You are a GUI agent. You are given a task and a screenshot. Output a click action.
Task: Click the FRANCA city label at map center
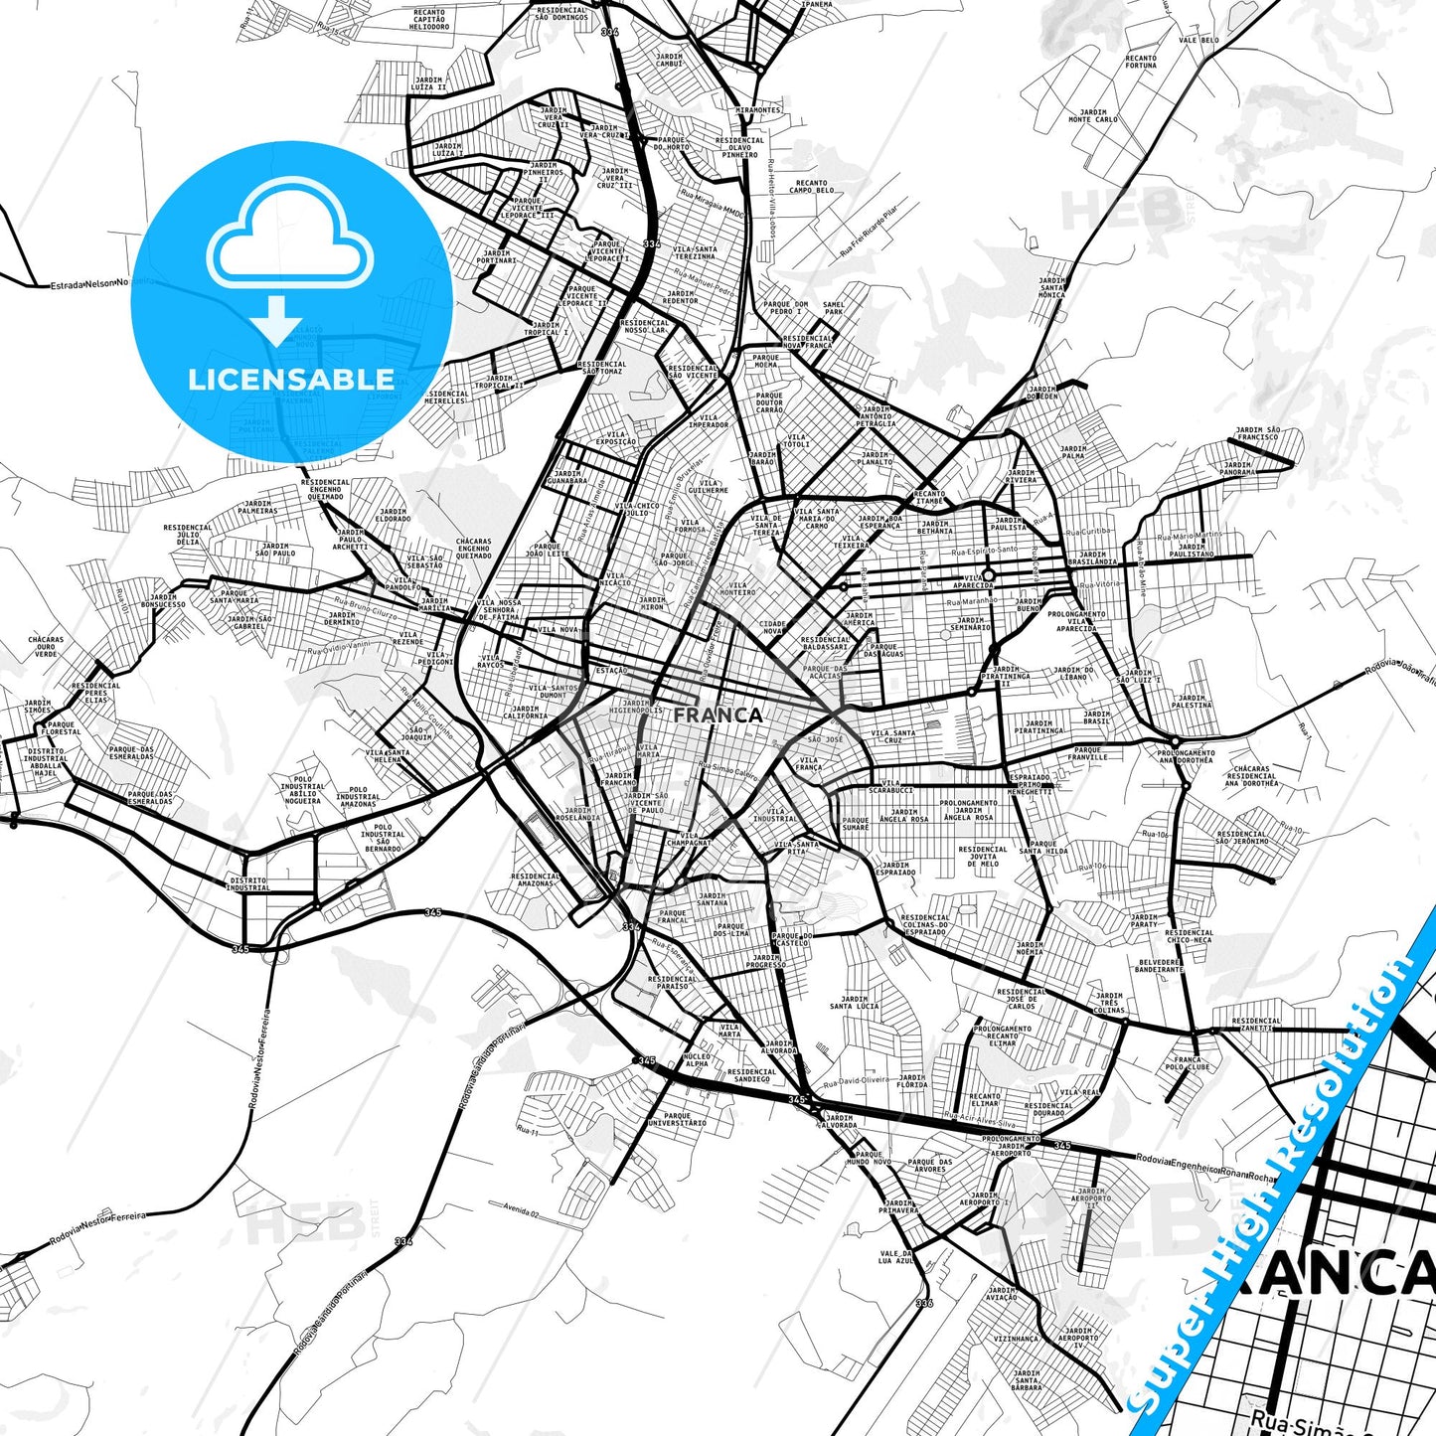click(x=718, y=715)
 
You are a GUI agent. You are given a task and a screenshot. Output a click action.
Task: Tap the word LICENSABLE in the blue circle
click(x=291, y=379)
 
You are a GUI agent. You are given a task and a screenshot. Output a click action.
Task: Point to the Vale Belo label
click(x=1198, y=41)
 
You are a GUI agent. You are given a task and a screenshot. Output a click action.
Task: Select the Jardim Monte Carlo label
click(x=1092, y=116)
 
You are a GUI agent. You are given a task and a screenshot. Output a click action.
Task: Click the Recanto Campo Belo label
click(x=811, y=186)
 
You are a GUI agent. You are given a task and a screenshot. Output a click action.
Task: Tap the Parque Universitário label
click(x=677, y=1119)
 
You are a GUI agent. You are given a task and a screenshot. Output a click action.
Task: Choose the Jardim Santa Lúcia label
click(x=854, y=1003)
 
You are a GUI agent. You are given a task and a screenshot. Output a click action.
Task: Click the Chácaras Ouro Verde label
click(x=46, y=647)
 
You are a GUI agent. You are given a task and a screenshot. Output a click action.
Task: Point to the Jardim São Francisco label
click(x=1257, y=434)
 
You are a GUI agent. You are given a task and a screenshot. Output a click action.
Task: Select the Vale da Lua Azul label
click(x=895, y=1257)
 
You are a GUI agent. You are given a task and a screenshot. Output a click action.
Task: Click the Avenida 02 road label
click(x=521, y=1212)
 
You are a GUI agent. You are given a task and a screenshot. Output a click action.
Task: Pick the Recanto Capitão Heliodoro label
click(x=429, y=19)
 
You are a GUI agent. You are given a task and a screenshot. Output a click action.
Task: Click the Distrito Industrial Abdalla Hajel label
click(x=46, y=762)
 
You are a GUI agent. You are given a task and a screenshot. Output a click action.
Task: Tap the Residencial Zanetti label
click(x=1256, y=1025)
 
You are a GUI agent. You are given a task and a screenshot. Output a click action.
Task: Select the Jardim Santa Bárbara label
click(x=1027, y=1381)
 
